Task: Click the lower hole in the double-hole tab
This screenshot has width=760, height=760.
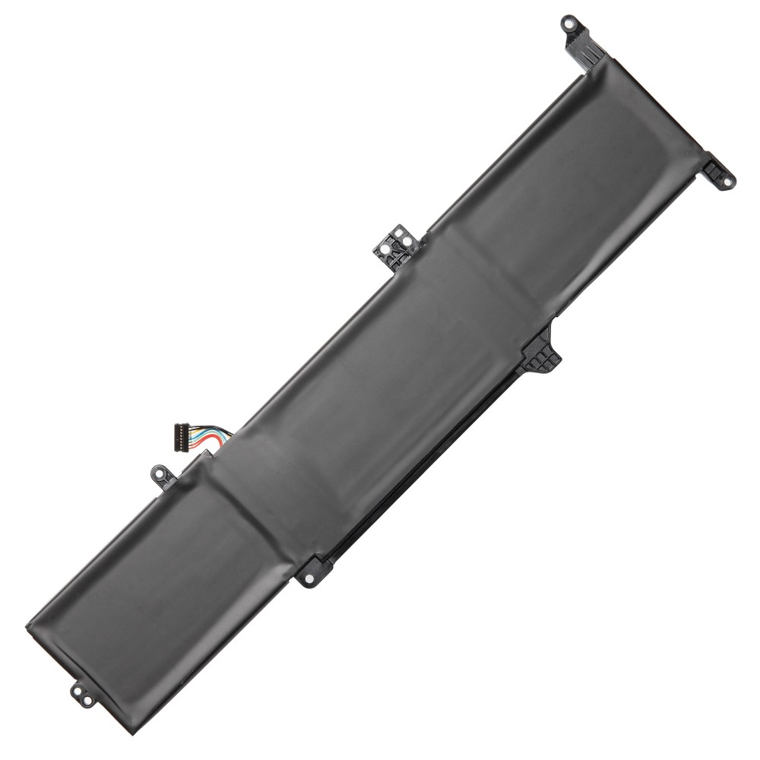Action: click(78, 694)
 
